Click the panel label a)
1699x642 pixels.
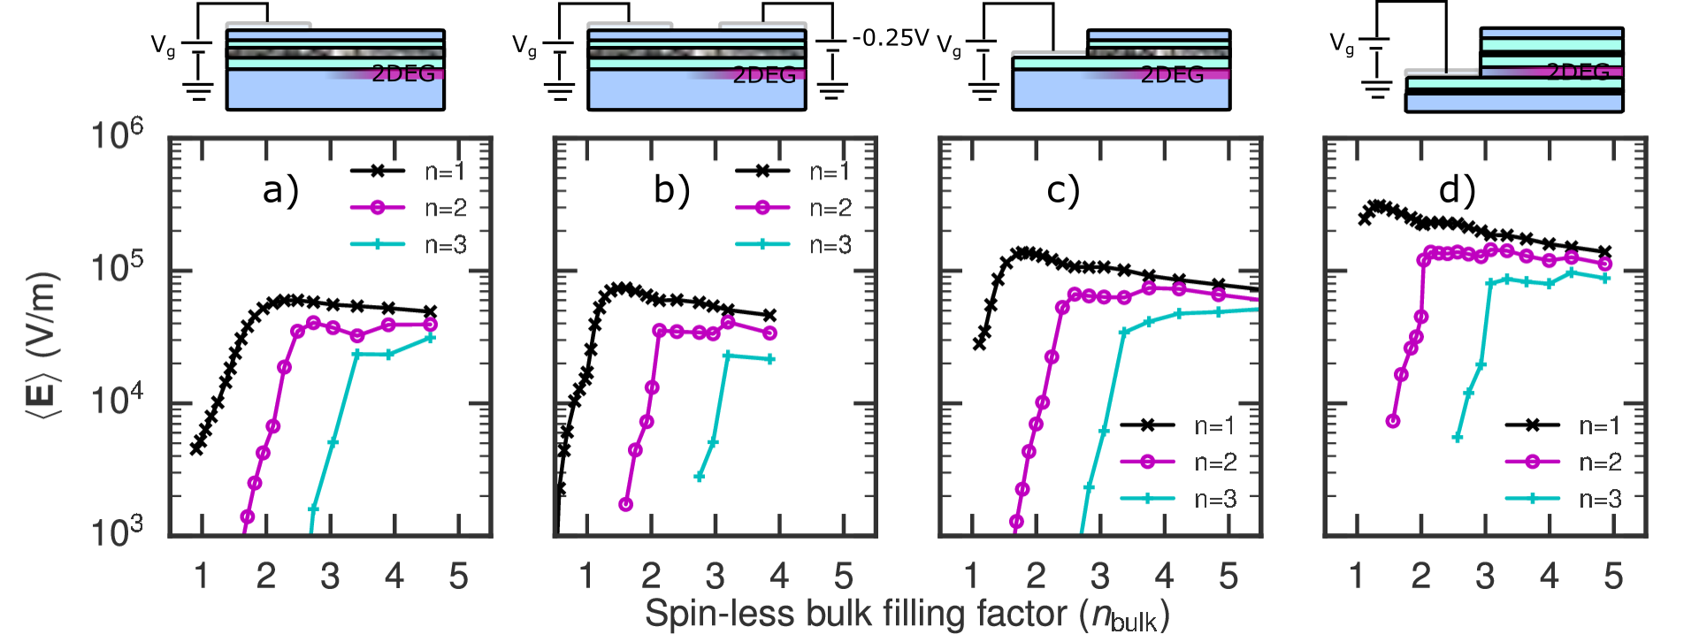coord(280,190)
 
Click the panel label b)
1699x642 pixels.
coord(671,190)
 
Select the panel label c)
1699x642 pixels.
coord(1062,190)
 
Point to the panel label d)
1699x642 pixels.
coord(1457,190)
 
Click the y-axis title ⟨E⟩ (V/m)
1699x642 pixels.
coord(44,345)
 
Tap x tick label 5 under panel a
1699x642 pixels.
coord(458,577)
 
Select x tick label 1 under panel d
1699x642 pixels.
coord(1357,577)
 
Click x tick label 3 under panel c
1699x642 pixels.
coord(1099,577)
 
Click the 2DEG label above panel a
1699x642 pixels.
coord(403,74)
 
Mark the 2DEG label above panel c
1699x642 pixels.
coord(1172,74)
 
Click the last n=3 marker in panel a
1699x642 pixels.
coord(430,338)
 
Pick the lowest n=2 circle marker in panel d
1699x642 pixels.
coord(1393,421)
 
